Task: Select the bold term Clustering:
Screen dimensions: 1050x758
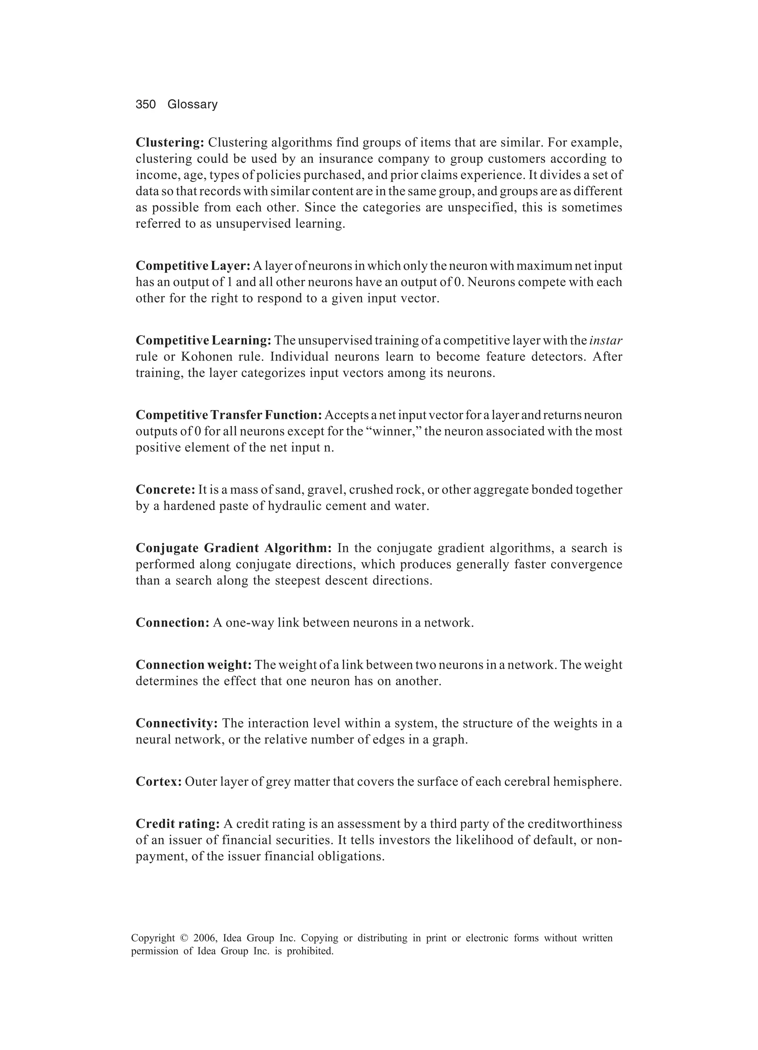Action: click(x=170, y=142)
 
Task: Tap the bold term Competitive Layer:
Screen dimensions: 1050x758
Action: click(x=192, y=266)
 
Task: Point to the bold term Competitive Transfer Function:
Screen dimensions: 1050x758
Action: click(x=228, y=415)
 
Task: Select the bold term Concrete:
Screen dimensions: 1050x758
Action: click(x=165, y=490)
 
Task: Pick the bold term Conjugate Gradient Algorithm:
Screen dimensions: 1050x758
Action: click(x=234, y=548)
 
